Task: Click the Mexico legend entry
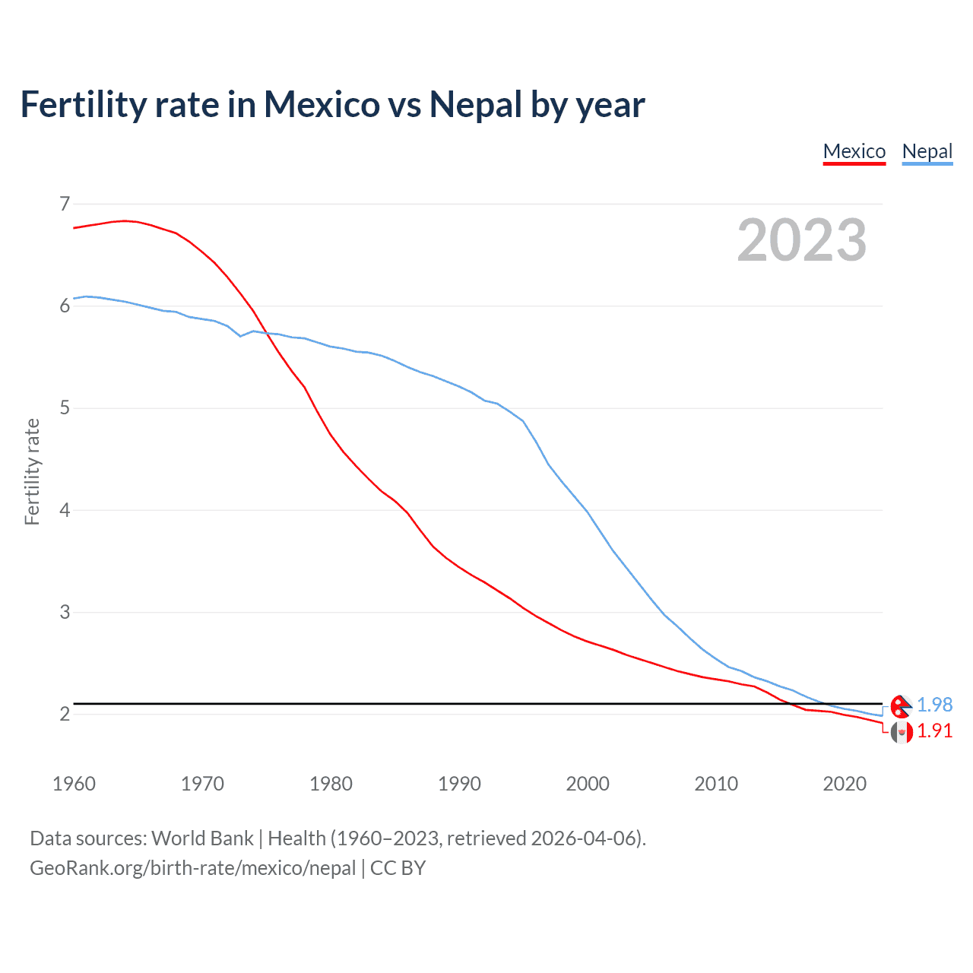854,151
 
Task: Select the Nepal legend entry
927,151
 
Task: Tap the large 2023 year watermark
801,240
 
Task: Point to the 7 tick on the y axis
65,204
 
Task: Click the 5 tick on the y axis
65,408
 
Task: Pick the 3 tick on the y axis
65,612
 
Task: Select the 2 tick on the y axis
65,714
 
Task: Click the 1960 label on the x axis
74,784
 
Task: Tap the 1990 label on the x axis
459,784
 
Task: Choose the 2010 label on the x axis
716,784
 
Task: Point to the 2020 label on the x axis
845,784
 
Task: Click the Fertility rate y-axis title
32,471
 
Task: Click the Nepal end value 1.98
934,705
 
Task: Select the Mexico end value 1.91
934,731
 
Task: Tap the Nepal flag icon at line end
901,706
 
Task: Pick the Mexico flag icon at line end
901,733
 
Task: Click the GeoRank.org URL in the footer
192,868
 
